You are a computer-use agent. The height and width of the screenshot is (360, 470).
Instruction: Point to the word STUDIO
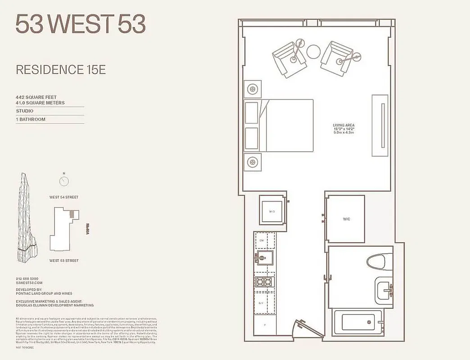pyautogui.click(x=25, y=111)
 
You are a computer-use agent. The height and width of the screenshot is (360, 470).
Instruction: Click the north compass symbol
pyautogui.click(x=64, y=180)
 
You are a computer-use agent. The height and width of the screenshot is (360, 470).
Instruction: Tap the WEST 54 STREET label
pyautogui.click(x=64, y=197)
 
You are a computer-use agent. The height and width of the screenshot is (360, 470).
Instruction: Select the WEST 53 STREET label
pyautogui.click(x=64, y=261)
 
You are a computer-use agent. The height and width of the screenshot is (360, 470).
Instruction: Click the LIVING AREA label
pyautogui.click(x=344, y=125)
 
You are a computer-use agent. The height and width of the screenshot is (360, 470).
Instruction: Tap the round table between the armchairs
pyautogui.click(x=313, y=51)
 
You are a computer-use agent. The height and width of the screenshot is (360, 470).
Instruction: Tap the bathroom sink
pyautogui.click(x=383, y=288)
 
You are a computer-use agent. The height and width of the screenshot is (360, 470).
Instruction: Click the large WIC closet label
pyautogui.click(x=346, y=219)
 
